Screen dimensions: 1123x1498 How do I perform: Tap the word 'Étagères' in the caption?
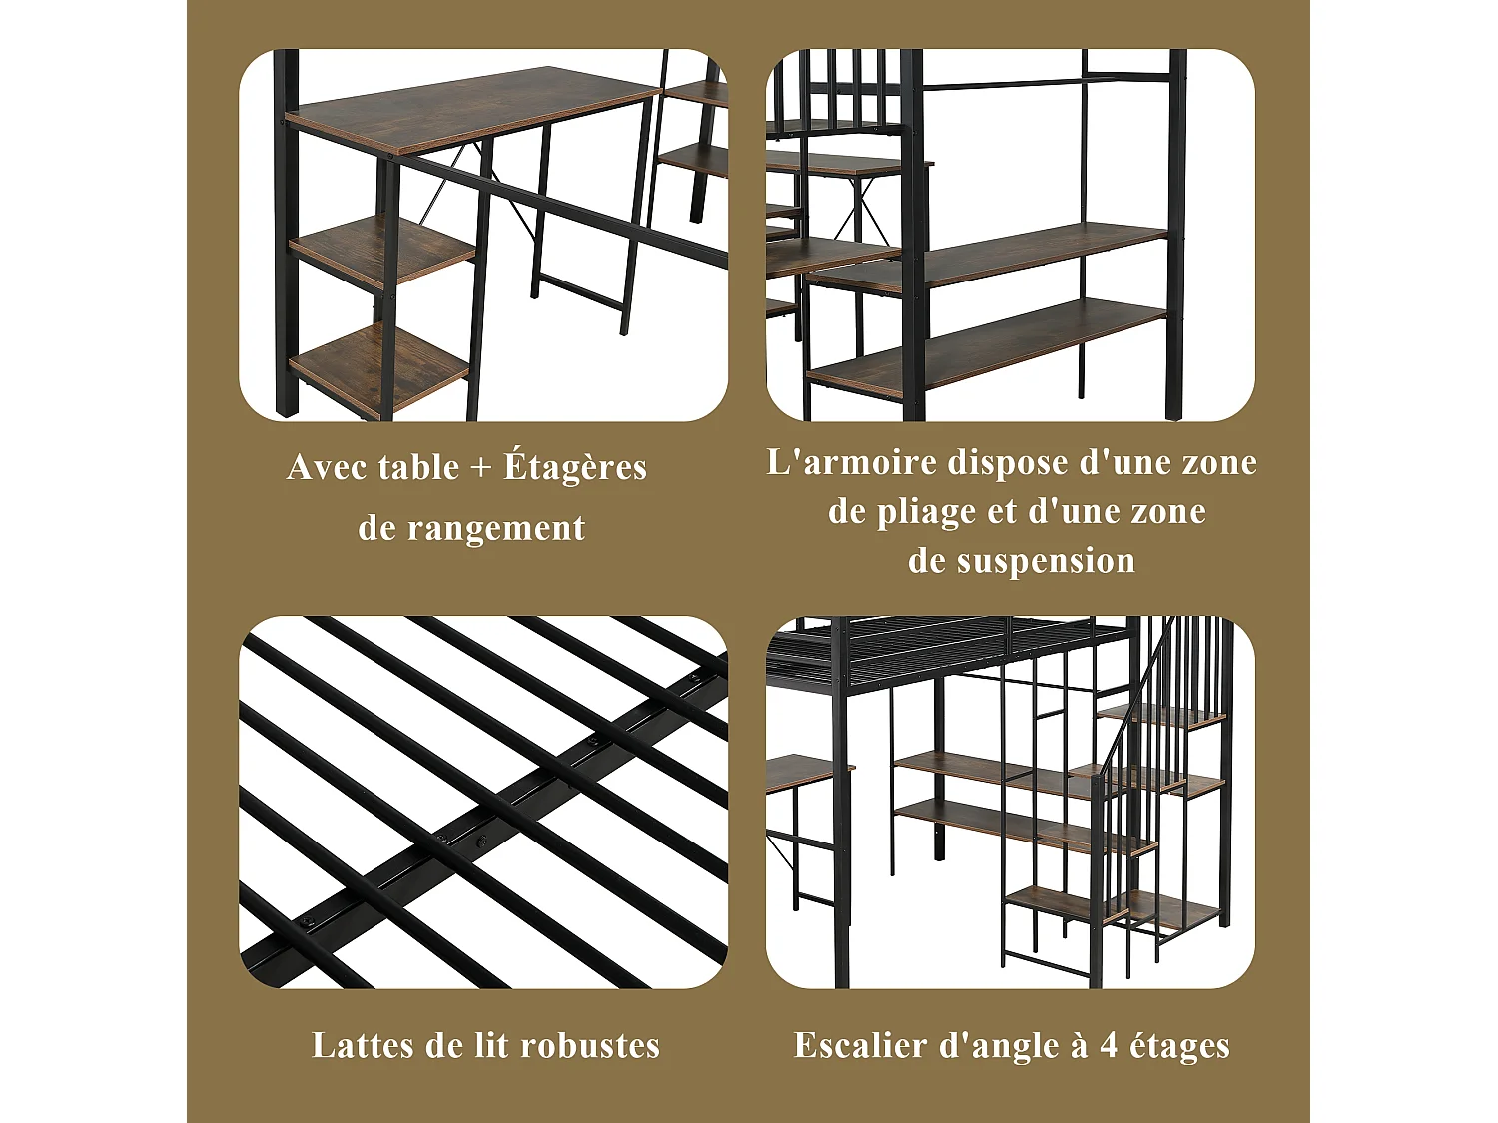[x=575, y=467]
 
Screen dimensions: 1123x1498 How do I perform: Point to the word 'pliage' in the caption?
[x=926, y=511]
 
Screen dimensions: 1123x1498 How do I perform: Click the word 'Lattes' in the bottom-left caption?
[x=362, y=1045]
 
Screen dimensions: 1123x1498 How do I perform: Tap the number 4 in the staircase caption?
[x=1109, y=1045]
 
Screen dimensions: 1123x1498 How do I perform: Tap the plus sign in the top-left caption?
[x=481, y=467]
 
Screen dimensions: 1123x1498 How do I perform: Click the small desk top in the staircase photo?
[x=804, y=770]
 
